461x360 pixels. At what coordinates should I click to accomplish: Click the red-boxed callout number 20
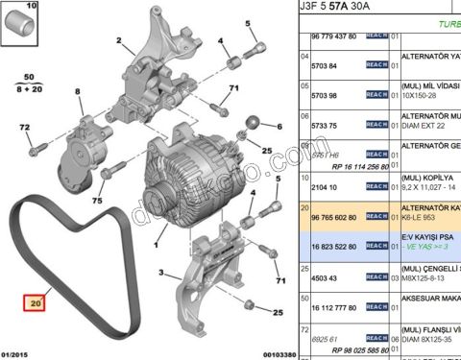point(36,304)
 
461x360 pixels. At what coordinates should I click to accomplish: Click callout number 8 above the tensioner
point(78,91)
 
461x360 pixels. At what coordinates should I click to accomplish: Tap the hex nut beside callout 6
point(254,123)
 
